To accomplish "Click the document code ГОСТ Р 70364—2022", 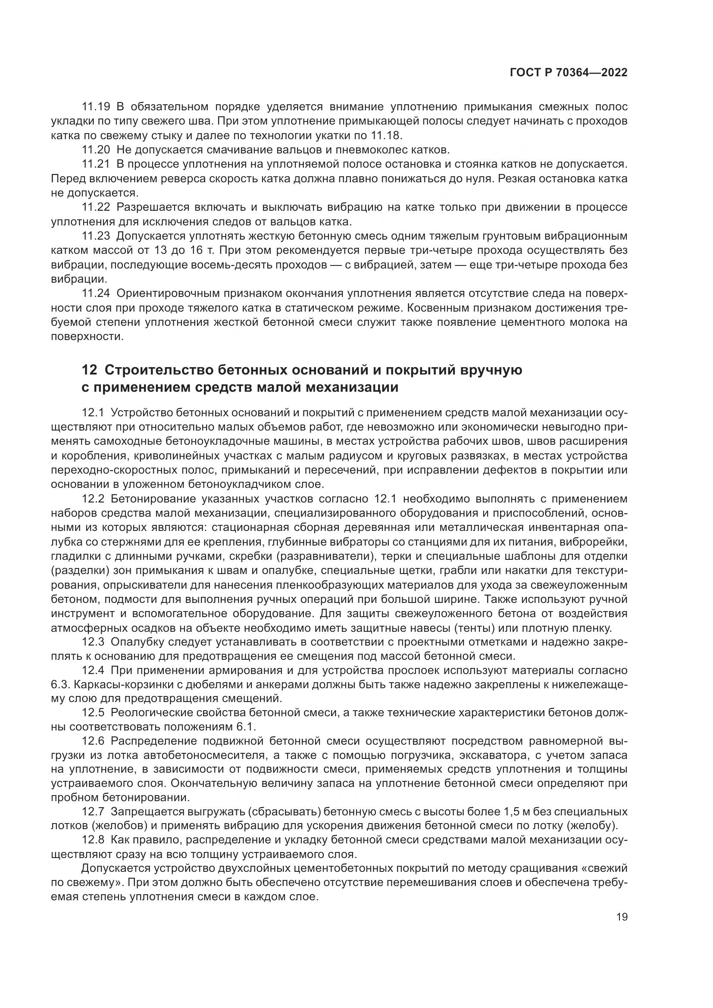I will pos(568,72).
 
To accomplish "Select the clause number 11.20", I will pos(96,150).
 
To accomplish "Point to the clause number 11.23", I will pos(96,236).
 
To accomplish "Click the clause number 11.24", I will pos(96,294).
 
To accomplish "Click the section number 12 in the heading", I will pos(89,370).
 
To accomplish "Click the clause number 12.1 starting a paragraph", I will pos(93,413).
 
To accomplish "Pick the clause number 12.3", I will pos(93,642).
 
